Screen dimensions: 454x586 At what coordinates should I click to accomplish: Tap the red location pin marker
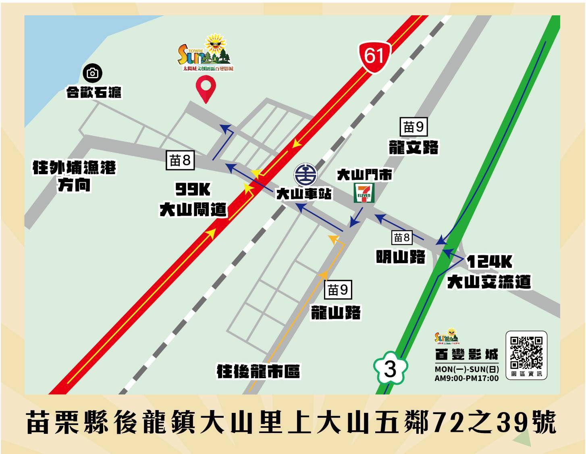206,88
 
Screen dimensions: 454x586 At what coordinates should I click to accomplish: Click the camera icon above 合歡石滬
93,73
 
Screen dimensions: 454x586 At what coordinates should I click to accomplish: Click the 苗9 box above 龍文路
414,127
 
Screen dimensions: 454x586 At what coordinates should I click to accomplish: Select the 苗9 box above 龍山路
338,289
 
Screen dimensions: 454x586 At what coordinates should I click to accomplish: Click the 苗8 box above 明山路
402,237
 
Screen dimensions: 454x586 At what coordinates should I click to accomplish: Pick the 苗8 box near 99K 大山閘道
180,160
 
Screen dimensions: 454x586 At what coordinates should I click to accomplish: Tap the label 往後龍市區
258,371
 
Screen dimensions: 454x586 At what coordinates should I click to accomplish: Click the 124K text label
489,262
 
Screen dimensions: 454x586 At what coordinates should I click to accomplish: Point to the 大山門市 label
364,175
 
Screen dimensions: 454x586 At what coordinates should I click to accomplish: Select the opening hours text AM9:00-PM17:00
466,378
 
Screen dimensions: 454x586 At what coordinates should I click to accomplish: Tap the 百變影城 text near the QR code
466,354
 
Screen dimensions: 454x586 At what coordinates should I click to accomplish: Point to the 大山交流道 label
489,281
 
